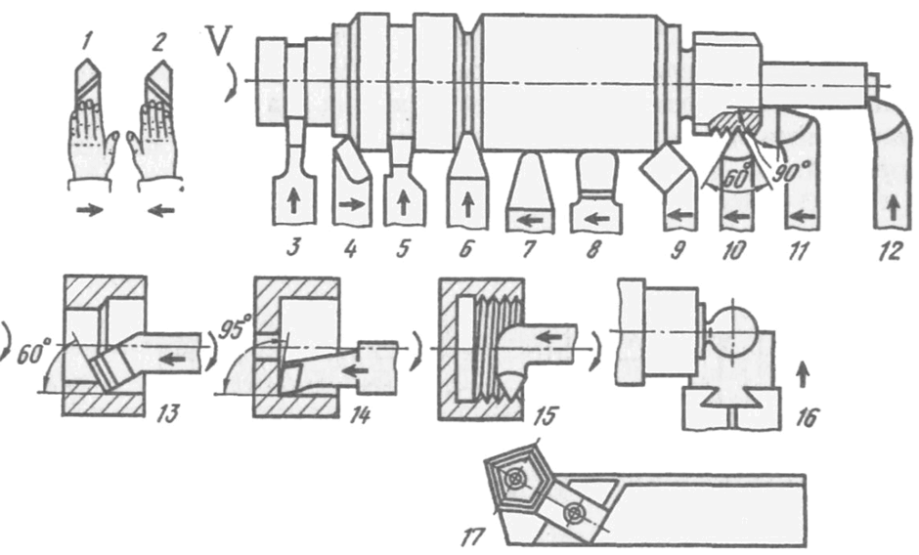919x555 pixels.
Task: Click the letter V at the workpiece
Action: [x=217, y=40]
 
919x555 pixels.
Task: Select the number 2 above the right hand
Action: [x=158, y=42]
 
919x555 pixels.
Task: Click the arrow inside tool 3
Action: [x=293, y=202]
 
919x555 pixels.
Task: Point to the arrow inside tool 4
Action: [x=351, y=204]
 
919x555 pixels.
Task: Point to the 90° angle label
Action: [x=786, y=171]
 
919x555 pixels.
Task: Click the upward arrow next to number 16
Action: [x=803, y=374]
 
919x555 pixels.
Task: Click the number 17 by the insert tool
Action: [x=473, y=536]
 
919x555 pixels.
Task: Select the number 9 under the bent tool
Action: [x=678, y=250]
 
